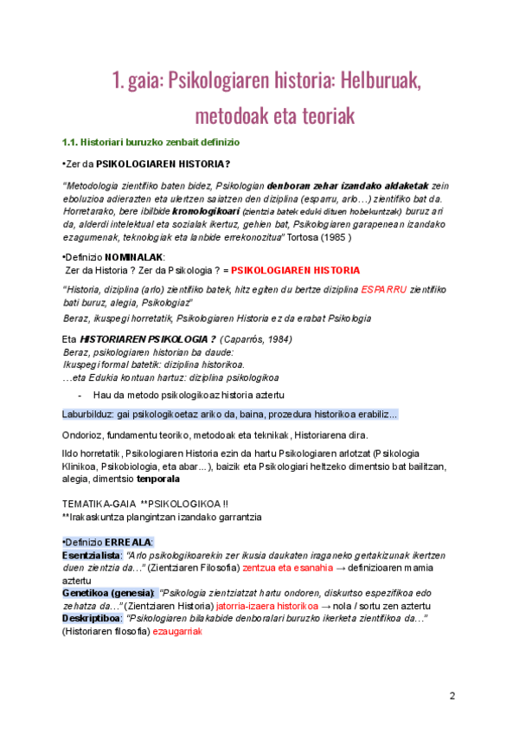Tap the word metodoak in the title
234,114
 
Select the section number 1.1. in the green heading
70,142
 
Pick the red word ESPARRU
384,288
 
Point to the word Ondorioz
85,435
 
